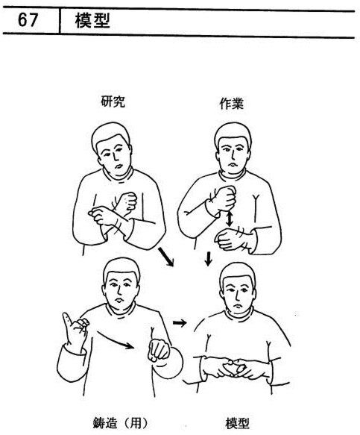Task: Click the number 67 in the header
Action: coord(28,20)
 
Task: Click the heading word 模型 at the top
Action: coord(92,20)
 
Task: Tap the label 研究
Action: coord(113,101)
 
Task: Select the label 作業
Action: coord(231,104)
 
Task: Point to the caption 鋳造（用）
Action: coord(120,423)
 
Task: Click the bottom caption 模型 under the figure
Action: coord(238,423)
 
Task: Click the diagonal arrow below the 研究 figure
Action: coord(165,257)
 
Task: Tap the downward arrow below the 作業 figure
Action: coord(208,259)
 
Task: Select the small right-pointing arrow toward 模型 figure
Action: coord(180,322)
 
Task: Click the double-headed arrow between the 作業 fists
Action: coord(229,219)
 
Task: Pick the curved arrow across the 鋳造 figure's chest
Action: coord(115,339)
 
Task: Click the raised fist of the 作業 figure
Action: coord(224,198)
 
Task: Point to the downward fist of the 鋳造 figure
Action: coord(159,350)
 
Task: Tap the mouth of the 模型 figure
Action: coord(238,305)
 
